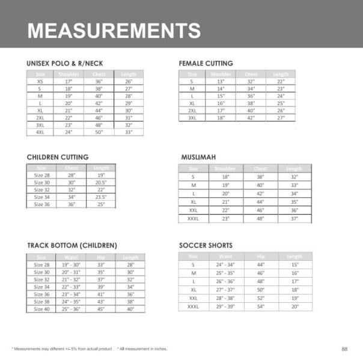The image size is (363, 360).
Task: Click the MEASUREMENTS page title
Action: (114, 30)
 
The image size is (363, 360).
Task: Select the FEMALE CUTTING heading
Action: (206, 63)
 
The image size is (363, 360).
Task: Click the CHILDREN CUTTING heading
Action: (58, 157)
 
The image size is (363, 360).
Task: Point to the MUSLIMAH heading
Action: (199, 157)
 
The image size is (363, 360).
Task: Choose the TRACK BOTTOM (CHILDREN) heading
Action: (72, 246)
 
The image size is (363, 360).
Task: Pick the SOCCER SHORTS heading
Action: (206, 246)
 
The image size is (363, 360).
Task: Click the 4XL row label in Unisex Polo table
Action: (40, 132)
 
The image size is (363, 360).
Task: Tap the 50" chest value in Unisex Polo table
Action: (99, 132)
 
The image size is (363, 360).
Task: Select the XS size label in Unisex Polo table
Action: (40, 81)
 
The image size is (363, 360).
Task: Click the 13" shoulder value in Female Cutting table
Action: (221, 81)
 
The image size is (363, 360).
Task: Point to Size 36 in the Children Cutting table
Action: (42, 204)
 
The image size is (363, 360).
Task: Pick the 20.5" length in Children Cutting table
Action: (100, 183)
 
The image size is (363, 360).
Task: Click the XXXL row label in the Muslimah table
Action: (194, 219)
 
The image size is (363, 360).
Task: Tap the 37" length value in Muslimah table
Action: (294, 219)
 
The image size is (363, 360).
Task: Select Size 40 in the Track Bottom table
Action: (42, 309)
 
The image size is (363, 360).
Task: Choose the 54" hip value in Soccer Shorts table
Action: (261, 307)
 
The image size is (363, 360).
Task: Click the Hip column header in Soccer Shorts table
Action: (261, 256)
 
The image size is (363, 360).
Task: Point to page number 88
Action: (344, 349)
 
